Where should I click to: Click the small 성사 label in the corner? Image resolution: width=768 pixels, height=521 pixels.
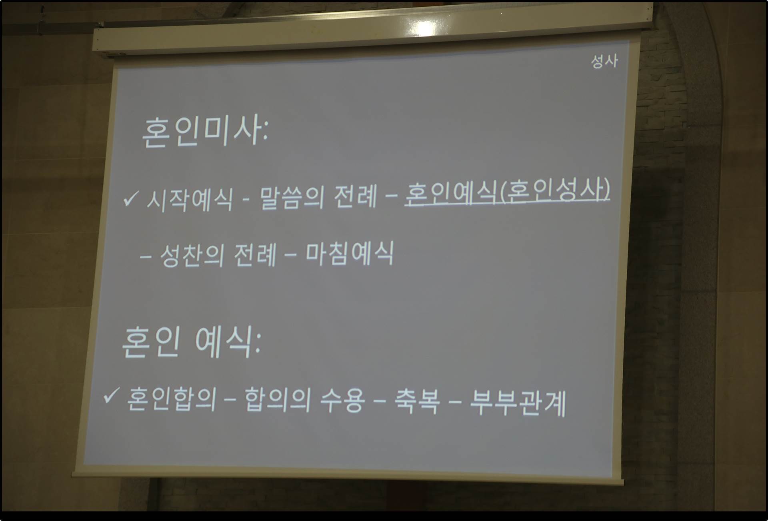click(x=604, y=61)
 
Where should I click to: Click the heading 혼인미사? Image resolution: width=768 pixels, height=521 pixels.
click(x=205, y=131)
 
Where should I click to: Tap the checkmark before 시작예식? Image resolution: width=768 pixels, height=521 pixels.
click(x=130, y=198)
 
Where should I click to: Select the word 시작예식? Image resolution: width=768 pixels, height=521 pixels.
click(x=189, y=199)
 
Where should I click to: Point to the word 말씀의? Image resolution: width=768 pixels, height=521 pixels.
click(x=292, y=197)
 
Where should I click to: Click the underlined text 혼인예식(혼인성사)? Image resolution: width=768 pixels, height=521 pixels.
click(x=507, y=191)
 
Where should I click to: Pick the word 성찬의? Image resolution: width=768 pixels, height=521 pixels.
click(x=192, y=256)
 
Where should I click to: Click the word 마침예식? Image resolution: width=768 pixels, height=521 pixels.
click(x=350, y=253)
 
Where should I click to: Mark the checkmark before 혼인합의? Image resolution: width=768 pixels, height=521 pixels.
click(x=110, y=396)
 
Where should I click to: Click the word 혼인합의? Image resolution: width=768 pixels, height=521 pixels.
click(x=171, y=399)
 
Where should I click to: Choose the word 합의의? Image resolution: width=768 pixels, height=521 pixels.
click(x=277, y=399)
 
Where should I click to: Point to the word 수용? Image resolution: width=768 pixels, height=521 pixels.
click(x=342, y=401)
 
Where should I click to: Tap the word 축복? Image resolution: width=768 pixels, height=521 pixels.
click(x=417, y=402)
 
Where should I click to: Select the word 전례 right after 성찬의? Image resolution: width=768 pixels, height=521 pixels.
click(x=255, y=254)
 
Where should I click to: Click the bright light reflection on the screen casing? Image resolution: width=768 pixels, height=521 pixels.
click(x=425, y=27)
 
